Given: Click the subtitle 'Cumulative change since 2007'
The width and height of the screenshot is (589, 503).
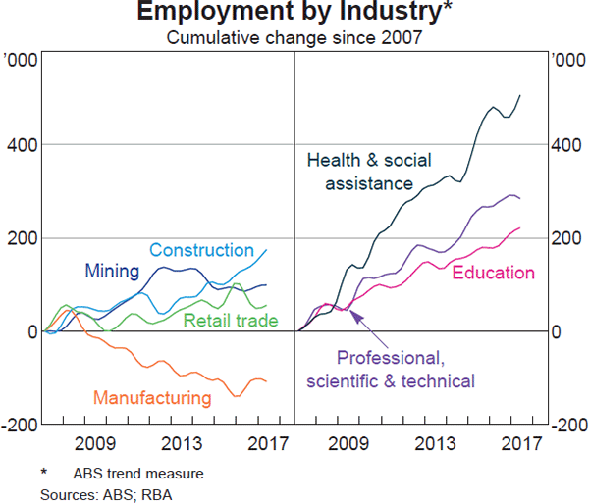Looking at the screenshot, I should point(294,38).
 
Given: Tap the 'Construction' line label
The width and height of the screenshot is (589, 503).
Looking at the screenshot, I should point(202,251).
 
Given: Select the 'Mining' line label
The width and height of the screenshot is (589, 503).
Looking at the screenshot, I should point(112,271).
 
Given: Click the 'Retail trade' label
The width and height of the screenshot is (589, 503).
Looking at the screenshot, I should point(232,321).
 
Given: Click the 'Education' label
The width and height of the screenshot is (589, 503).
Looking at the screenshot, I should point(493,274).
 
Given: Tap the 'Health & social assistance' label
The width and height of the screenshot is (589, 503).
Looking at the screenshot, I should point(369,172).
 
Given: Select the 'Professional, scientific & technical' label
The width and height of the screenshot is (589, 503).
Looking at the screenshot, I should point(391,369).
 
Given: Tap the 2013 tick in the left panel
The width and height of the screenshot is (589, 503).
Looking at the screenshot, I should point(182,443).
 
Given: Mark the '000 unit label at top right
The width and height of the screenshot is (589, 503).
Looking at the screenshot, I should point(562,61).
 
